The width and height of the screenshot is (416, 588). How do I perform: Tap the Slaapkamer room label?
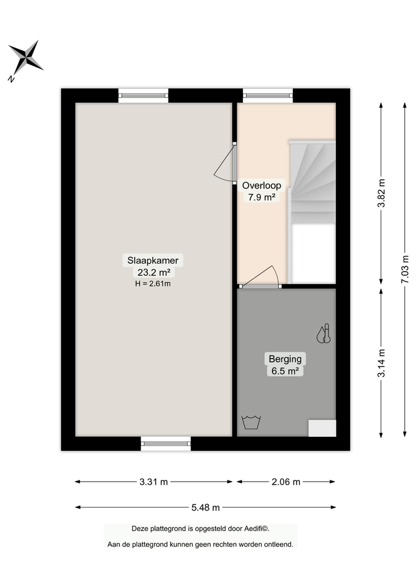154,260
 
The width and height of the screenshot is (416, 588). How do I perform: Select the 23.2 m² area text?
154,272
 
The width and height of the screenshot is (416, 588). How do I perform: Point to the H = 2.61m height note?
154,283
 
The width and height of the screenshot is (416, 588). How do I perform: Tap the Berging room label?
285,359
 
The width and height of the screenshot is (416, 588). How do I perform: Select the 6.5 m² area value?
285,371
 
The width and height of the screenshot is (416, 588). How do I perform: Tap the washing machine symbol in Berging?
251,422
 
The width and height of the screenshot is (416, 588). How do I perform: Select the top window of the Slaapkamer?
144,96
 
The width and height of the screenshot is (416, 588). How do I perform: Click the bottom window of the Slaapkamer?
166,443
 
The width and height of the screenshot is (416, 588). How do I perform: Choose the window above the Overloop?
268,96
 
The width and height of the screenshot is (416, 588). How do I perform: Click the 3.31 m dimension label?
154,482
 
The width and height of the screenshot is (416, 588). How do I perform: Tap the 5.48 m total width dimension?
205,507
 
